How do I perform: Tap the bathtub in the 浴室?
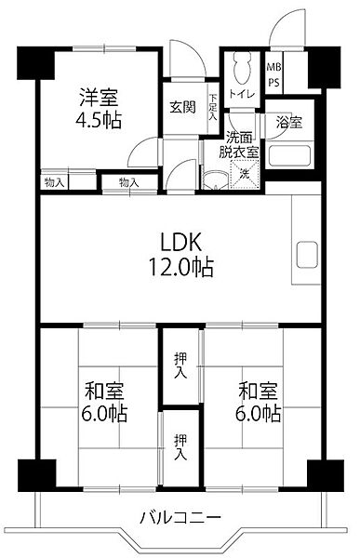tap(290, 155)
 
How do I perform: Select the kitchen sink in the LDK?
tap(307, 255)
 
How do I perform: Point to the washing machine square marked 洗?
tap(245, 174)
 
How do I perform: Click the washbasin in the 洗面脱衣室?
tap(216, 180)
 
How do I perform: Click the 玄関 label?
tap(182, 107)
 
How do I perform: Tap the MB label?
tap(273, 67)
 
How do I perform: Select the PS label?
tap(273, 83)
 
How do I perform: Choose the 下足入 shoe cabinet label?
tap(213, 107)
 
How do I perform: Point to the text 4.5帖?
tap(99, 120)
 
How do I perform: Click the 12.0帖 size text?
tap(180, 267)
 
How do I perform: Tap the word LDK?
tap(181, 242)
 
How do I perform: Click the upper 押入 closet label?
tap(180, 365)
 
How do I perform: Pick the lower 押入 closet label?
tap(180, 447)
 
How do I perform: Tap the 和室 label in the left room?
tap(104, 391)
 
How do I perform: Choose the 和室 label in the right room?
tap(258, 391)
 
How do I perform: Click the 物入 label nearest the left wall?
tap(55, 182)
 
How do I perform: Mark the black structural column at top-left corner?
tap(35, 62)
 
